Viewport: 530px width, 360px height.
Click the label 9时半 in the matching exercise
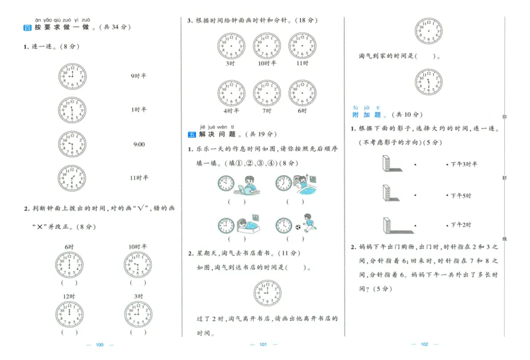click(138, 75)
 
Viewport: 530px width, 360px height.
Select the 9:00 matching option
click(138, 144)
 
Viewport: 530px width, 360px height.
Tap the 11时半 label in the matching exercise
click(138, 178)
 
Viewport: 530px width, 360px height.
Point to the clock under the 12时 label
click(70, 314)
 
